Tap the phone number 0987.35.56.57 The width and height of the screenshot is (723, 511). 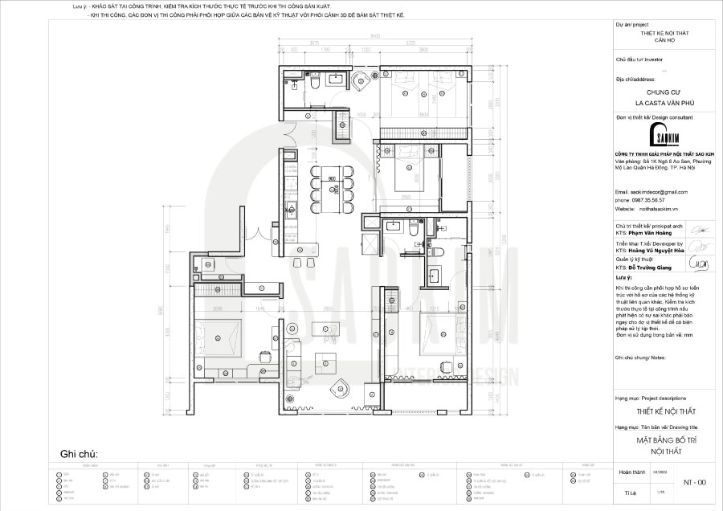coord(650,199)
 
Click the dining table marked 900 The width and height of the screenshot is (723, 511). coord(331,190)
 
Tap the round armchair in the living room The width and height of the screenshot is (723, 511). coord(341,390)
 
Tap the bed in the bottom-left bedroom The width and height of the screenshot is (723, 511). coord(219,333)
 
